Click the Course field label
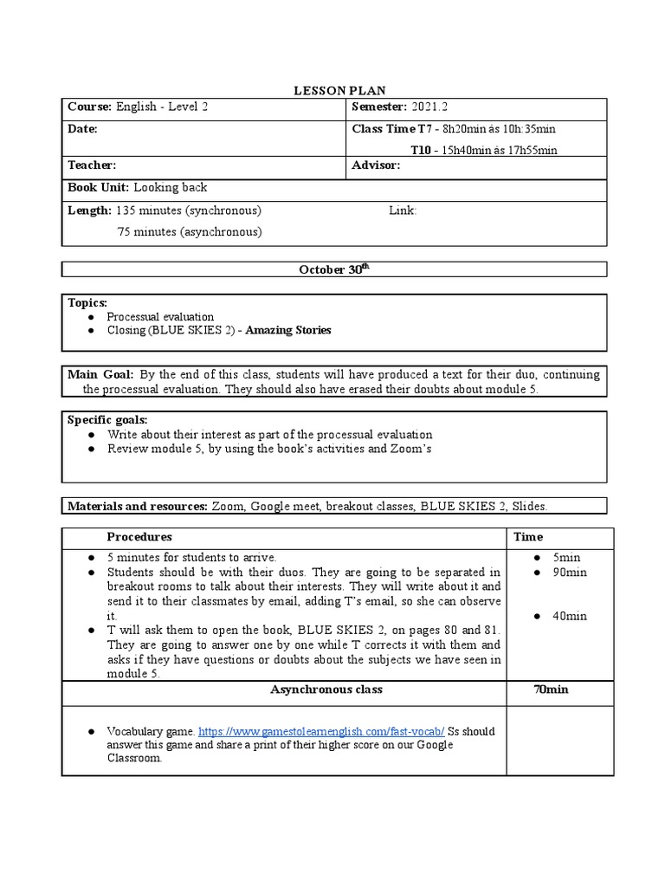pyautogui.click(x=89, y=107)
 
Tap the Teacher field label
pyautogui.click(x=92, y=165)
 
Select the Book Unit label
pyautogui.click(x=99, y=187)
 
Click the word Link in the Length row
pyautogui.click(x=403, y=210)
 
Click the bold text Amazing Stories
pyautogui.click(x=288, y=330)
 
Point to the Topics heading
pyautogui.click(x=87, y=302)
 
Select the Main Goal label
pyautogui.click(x=100, y=374)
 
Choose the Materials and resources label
pyautogui.click(x=137, y=506)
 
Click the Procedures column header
pyautogui.click(x=139, y=537)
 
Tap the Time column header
pyautogui.click(x=528, y=537)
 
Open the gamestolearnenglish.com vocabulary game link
pyautogui.click(x=324, y=731)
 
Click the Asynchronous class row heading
pyautogui.click(x=326, y=690)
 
